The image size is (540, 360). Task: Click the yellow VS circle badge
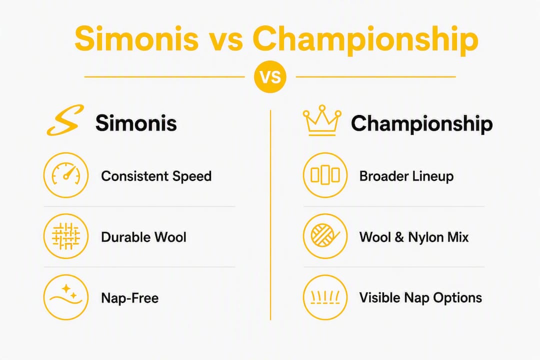tap(270, 77)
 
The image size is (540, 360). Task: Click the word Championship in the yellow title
tap(365, 39)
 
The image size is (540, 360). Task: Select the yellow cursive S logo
tap(65, 120)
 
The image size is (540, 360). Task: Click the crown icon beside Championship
tap(322, 120)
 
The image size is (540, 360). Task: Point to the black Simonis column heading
tap(136, 123)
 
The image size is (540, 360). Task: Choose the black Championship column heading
tap(422, 123)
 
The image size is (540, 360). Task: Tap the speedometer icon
tap(66, 175)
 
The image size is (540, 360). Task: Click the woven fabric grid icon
tap(66, 236)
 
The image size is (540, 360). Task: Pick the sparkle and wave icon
tap(66, 297)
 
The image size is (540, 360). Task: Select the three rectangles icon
tap(325, 175)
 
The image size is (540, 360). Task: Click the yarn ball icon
tap(325, 236)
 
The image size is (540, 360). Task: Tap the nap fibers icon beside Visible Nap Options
tap(325, 297)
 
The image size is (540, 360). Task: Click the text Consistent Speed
tap(156, 176)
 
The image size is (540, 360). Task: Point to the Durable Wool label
tap(143, 237)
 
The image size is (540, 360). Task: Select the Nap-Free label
tap(130, 298)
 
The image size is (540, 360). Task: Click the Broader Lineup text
tap(406, 176)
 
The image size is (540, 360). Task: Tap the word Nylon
tap(424, 237)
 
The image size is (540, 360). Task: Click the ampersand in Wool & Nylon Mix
tap(399, 237)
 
